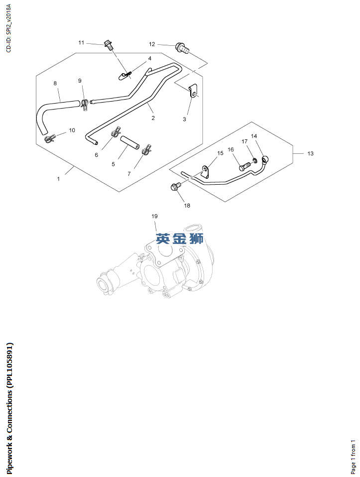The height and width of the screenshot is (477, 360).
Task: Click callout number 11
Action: [81, 43]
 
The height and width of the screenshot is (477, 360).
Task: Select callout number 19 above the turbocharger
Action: [154, 216]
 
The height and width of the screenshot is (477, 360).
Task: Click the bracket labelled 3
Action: [194, 91]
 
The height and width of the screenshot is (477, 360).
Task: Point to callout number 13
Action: [310, 154]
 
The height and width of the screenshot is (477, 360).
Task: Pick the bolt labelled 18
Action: [175, 187]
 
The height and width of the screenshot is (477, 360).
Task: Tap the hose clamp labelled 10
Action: [50, 138]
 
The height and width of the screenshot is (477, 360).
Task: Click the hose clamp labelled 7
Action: [146, 150]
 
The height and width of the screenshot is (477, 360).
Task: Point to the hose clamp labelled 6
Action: [116, 133]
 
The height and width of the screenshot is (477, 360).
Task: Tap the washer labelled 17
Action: [254, 160]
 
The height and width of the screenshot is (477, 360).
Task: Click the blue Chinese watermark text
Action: [180, 239]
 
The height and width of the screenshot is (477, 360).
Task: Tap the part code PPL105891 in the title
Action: [10, 364]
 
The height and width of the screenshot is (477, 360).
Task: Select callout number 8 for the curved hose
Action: [55, 83]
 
